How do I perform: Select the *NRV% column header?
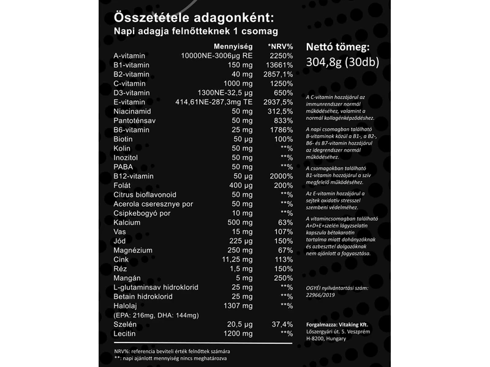pyautogui.click(x=281, y=46)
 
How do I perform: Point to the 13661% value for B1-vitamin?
pyautogui.click(x=280, y=65)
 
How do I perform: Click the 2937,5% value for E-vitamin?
pyautogui.click(x=279, y=102)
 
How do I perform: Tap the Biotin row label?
pyautogui.click(x=125, y=139)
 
